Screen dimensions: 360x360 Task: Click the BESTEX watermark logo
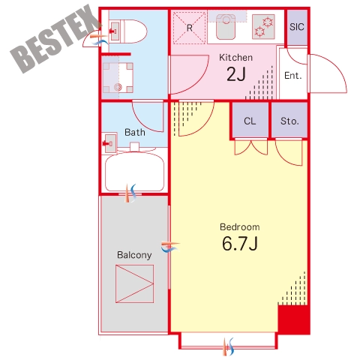click(x=54, y=39)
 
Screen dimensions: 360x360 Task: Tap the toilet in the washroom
click(x=128, y=31)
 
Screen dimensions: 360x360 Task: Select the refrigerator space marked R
click(x=189, y=28)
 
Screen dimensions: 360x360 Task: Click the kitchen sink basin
click(x=226, y=27)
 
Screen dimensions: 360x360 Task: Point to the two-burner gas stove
click(x=263, y=27)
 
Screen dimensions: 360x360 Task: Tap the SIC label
click(x=297, y=27)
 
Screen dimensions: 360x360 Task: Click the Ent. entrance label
click(x=293, y=75)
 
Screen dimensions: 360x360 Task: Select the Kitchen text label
click(x=235, y=58)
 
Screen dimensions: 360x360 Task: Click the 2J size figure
click(x=236, y=74)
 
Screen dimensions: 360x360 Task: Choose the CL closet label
click(x=250, y=121)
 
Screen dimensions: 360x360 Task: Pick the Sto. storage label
click(x=289, y=121)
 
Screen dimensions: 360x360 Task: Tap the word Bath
click(x=135, y=132)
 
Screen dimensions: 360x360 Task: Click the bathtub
click(x=134, y=172)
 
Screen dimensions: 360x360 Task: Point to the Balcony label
click(x=134, y=255)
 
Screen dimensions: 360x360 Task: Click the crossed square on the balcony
click(x=134, y=284)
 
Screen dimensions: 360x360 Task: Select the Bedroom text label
click(x=240, y=227)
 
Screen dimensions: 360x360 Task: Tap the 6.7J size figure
click(x=240, y=244)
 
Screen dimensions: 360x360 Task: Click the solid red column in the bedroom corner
click(x=294, y=319)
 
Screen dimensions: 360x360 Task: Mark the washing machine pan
click(x=118, y=78)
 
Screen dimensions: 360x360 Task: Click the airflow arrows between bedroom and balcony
click(x=170, y=247)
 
